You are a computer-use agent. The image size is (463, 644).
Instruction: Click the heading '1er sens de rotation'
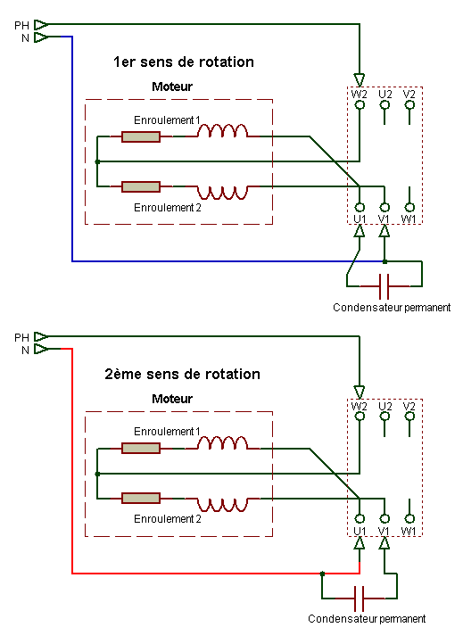[x=183, y=62]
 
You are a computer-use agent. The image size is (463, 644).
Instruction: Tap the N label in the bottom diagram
[x=25, y=350]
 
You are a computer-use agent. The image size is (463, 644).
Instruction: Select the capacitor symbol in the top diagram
[x=384, y=286]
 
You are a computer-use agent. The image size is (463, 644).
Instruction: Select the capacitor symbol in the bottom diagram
[x=359, y=597]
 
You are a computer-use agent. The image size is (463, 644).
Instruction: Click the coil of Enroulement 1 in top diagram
[x=222, y=133]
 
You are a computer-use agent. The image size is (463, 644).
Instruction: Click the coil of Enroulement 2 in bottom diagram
[x=222, y=498]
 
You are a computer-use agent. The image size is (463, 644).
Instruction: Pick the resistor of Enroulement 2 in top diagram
[x=141, y=187]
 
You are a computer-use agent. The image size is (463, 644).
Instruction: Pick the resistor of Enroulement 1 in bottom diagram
[x=141, y=448]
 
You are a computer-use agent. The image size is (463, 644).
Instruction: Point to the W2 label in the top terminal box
[x=359, y=94]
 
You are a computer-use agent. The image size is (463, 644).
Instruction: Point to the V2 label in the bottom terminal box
[x=409, y=406]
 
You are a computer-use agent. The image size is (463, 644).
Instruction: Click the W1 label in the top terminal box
[x=409, y=219]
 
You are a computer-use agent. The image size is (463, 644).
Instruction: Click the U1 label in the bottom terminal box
[x=359, y=531]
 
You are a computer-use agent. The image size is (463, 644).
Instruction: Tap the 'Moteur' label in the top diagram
[x=172, y=87]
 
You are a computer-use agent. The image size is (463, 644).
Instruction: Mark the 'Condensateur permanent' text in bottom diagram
[x=366, y=618]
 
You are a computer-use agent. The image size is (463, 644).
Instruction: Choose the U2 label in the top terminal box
[x=384, y=94]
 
